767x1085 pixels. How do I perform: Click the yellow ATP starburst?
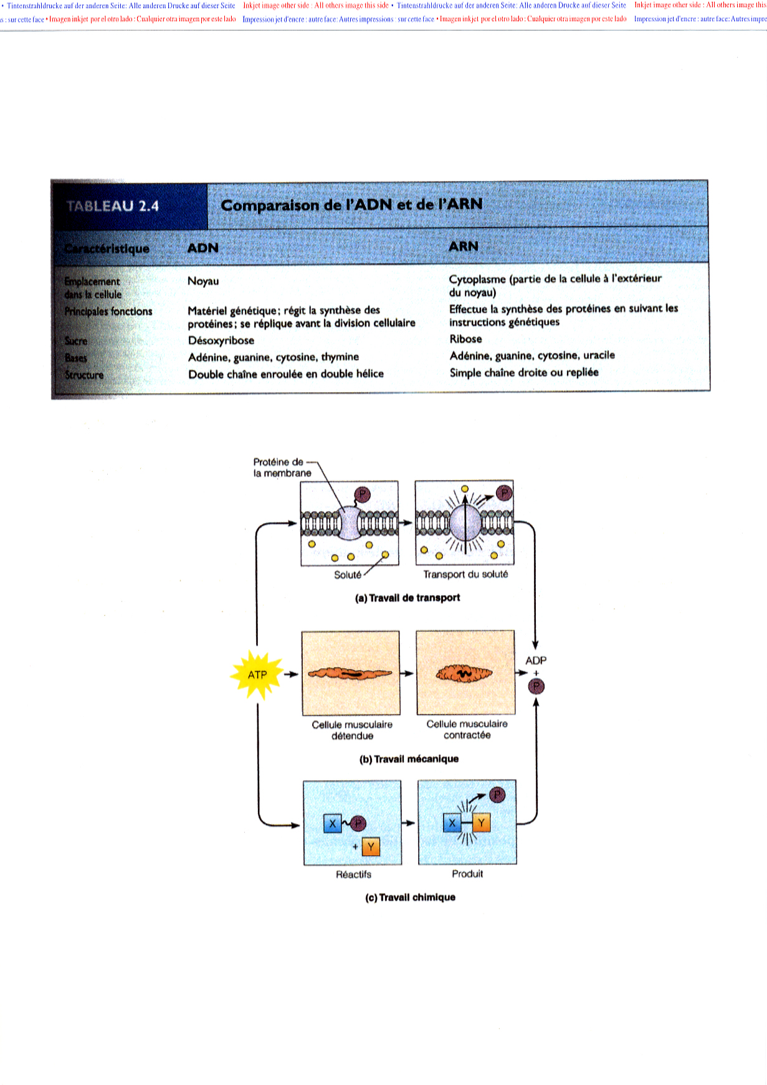pos(257,674)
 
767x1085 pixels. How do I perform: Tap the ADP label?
pos(536,660)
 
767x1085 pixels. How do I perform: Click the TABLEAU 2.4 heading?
pos(113,206)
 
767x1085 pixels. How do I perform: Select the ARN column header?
pos(464,246)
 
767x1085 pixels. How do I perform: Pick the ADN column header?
pos(203,248)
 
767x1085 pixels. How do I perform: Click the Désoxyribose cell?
pos(221,340)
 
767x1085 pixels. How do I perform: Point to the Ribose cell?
pos(465,339)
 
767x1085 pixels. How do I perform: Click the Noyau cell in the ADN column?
pos(203,281)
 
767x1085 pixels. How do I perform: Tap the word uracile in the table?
pos(599,355)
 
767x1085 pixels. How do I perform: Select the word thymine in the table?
pos(340,357)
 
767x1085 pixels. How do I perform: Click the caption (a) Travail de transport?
pos(407,598)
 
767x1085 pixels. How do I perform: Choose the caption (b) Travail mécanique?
pos(409,758)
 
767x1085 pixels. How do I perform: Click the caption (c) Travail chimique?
pos(410,897)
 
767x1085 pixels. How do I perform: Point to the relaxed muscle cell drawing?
pos(350,674)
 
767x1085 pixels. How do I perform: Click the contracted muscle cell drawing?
pos(464,674)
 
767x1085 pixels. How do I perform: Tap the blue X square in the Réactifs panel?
pos(333,824)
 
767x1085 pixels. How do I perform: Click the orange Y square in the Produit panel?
pos(482,823)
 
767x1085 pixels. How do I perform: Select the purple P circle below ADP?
pos(536,687)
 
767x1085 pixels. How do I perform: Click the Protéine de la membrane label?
pos(282,467)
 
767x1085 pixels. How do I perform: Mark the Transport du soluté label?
pos(465,574)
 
